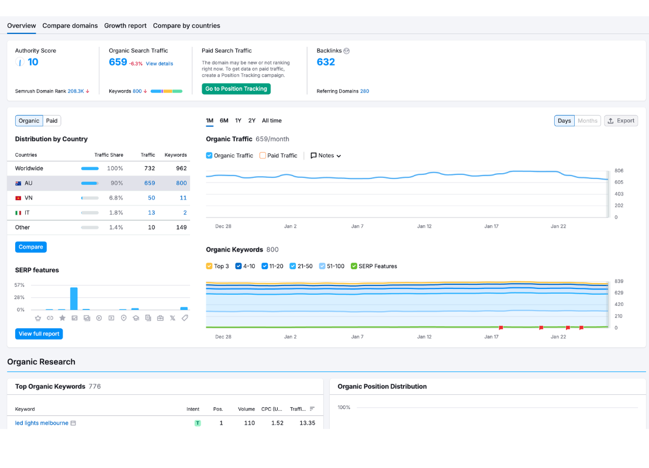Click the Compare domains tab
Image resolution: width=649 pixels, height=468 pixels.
[70, 26]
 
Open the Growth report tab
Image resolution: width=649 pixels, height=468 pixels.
[125, 26]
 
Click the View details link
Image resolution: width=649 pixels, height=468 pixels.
[159, 64]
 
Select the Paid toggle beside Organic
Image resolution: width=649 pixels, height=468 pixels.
[52, 121]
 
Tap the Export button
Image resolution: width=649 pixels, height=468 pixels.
[620, 121]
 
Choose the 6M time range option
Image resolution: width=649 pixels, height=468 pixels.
[224, 121]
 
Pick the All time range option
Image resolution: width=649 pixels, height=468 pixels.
[271, 121]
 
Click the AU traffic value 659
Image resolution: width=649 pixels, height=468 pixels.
[150, 183]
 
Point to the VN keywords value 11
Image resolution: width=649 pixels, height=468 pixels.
[183, 198]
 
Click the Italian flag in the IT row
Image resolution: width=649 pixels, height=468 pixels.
[18, 213]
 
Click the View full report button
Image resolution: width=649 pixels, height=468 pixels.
[39, 334]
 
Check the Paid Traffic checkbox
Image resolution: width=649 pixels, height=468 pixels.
[263, 156]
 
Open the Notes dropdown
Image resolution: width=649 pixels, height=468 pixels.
[326, 156]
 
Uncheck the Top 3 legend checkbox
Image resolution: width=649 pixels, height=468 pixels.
[209, 266]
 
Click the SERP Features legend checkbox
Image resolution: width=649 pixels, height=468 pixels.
[354, 266]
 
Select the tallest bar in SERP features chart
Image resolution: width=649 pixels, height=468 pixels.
[74, 298]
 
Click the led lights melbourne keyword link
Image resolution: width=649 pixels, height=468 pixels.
[42, 423]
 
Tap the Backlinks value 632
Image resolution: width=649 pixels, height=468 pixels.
[326, 62]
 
